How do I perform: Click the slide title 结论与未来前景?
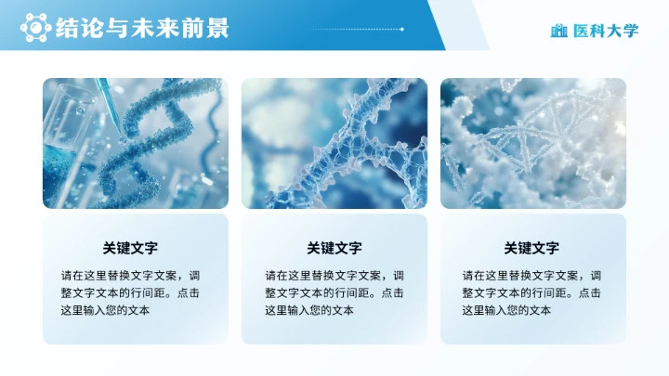click(142, 28)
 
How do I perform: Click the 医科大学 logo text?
click(606, 31)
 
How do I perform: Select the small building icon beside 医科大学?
click(558, 31)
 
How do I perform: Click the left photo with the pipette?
click(135, 143)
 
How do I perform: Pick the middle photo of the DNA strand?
click(334, 143)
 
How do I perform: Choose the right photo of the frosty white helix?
click(533, 143)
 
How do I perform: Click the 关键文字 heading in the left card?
click(130, 248)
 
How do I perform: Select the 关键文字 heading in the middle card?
click(334, 248)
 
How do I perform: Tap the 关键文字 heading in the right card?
click(531, 248)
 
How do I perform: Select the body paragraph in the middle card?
click(334, 292)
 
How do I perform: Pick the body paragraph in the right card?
click(531, 292)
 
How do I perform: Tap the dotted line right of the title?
click(353, 29)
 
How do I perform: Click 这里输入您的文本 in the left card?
click(105, 310)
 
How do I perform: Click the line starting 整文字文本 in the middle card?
click(334, 292)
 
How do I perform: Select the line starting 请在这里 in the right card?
click(531, 276)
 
